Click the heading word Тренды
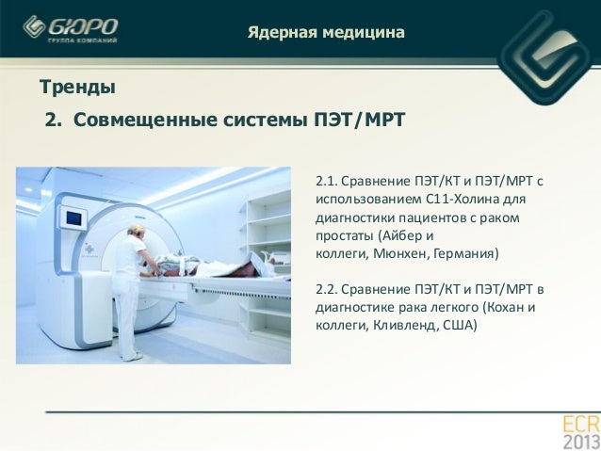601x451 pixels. click(x=77, y=88)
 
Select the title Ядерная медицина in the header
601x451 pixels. click(x=326, y=34)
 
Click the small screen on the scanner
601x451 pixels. click(x=73, y=218)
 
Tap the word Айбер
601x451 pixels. click(x=401, y=235)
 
